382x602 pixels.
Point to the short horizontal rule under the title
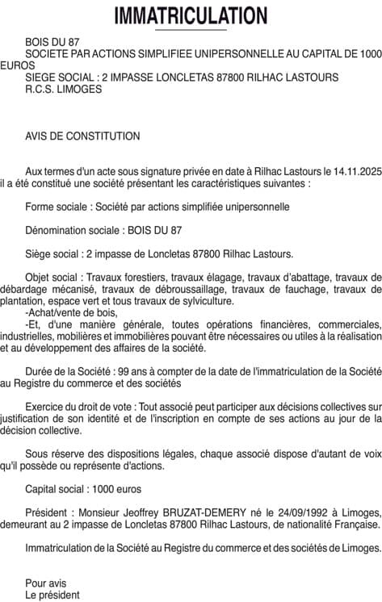(x=191, y=30)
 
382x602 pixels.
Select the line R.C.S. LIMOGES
(x=64, y=89)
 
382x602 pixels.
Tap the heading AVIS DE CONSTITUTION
(x=82, y=136)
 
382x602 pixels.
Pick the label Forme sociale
(x=57, y=207)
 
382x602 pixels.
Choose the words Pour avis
(x=46, y=583)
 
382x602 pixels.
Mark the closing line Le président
(x=52, y=595)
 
